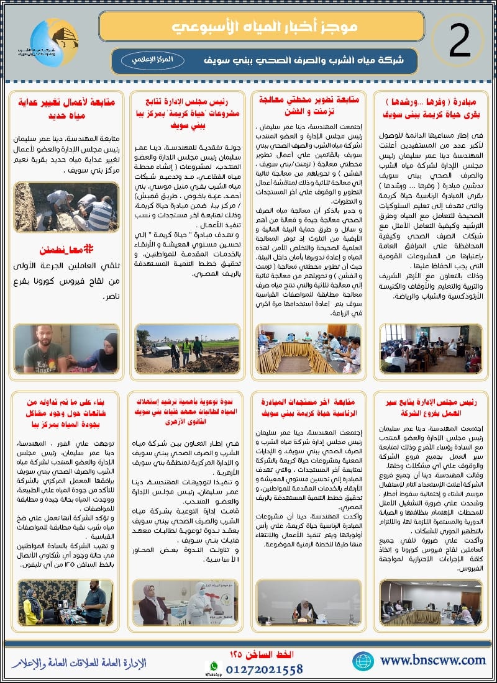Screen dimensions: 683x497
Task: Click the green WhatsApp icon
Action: tap(214, 666)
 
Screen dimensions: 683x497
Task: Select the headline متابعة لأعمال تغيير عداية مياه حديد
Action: tap(61, 109)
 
